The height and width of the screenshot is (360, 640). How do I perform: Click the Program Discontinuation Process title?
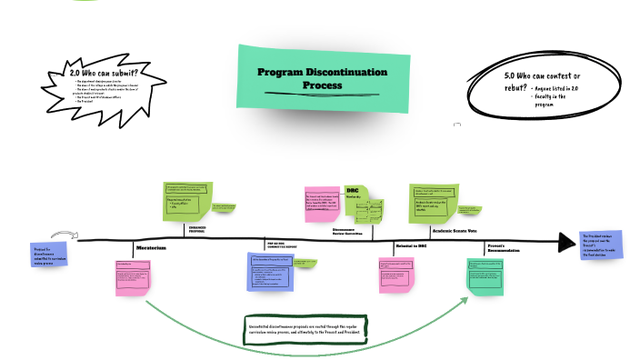(322, 78)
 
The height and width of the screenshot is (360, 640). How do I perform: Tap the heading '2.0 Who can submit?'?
(104, 73)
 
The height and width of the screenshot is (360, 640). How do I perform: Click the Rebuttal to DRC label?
(410, 246)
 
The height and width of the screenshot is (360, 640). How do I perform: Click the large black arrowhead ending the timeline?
(566, 241)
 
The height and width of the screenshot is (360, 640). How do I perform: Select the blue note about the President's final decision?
(601, 245)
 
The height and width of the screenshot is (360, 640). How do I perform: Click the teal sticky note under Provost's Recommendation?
(485, 275)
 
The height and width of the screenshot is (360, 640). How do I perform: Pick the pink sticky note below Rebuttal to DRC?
(396, 275)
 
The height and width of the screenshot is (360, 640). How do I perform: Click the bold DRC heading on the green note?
(353, 191)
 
